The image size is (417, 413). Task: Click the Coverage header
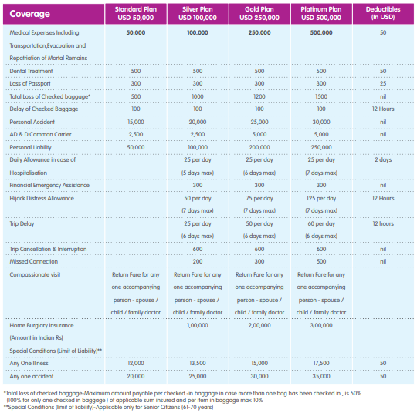click(30, 14)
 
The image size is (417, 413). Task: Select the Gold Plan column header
click(259, 14)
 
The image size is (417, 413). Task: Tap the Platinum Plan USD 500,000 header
click(321, 14)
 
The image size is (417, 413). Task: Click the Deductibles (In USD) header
click(383, 13)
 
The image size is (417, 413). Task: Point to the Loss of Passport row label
click(30, 84)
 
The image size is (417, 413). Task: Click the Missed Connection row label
click(34, 261)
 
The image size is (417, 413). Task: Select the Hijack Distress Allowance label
click(42, 198)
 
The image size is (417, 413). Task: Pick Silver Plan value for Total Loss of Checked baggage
click(198, 96)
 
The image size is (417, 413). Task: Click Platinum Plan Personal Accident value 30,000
click(321, 122)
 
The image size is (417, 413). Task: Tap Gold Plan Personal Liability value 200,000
click(259, 147)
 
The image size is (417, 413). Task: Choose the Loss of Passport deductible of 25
click(383, 84)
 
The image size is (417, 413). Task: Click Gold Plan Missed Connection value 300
click(259, 261)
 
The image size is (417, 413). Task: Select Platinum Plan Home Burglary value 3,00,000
click(321, 325)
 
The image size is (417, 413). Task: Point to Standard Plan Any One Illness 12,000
click(136, 363)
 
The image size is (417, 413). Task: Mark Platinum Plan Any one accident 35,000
click(321, 376)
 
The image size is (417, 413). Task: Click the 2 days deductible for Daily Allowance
click(383, 160)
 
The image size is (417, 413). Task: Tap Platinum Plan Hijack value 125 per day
click(321, 199)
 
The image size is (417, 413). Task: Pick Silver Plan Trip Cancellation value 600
click(198, 249)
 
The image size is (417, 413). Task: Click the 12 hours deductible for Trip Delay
click(383, 223)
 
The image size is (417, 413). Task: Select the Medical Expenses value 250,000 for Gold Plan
click(259, 32)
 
